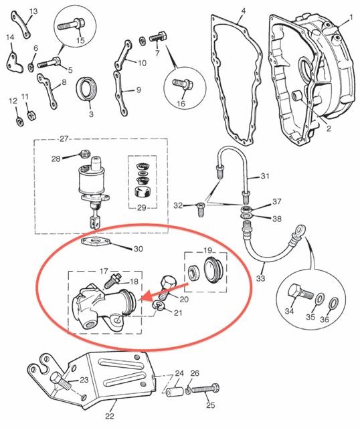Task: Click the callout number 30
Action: [x=139, y=249]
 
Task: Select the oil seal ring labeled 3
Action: [x=86, y=89]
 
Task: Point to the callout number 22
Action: [x=110, y=416]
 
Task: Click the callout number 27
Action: [x=64, y=139]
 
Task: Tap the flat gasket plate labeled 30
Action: [x=96, y=241]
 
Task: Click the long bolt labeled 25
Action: [x=205, y=389]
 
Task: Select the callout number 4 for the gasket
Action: [x=243, y=11]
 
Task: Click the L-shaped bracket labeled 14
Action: [x=15, y=64]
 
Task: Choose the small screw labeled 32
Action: [x=200, y=209]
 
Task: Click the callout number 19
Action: [x=208, y=250]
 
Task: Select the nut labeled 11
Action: [x=31, y=115]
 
